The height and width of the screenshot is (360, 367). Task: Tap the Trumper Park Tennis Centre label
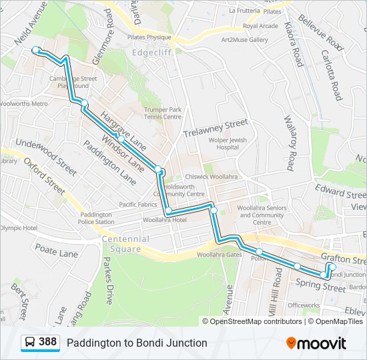[163, 113]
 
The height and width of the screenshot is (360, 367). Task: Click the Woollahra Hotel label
[164, 219]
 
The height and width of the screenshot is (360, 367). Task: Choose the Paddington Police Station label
[97, 218]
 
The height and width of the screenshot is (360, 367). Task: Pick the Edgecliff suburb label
[152, 53]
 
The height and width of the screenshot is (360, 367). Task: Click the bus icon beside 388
[30, 343]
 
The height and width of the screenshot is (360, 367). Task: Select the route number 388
[47, 343]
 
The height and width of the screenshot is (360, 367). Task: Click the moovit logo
[316, 343]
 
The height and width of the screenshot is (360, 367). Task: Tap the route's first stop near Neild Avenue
[36, 50]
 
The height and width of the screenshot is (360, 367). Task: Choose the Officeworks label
[304, 305]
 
